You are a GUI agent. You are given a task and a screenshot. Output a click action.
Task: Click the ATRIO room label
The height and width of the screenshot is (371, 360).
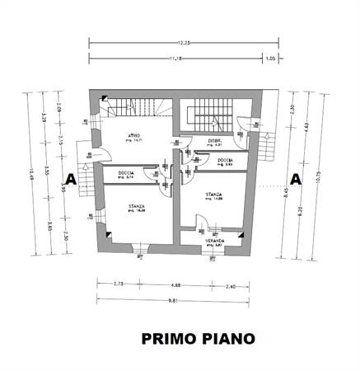pyautogui.click(x=133, y=135)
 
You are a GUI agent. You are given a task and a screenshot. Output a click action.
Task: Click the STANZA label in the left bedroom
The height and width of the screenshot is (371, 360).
pyautogui.click(x=136, y=206)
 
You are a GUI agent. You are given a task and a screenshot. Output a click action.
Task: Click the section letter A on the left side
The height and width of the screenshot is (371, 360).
pyautogui.click(x=71, y=178)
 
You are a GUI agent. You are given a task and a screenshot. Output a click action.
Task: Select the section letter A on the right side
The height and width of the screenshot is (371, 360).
pyautogui.click(x=294, y=178)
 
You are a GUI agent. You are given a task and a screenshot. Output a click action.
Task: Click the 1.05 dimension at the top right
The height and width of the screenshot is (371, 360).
pyautogui.click(x=270, y=58)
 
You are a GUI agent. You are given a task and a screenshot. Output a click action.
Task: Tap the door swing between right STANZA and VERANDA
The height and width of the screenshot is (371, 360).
pyautogui.click(x=200, y=223)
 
